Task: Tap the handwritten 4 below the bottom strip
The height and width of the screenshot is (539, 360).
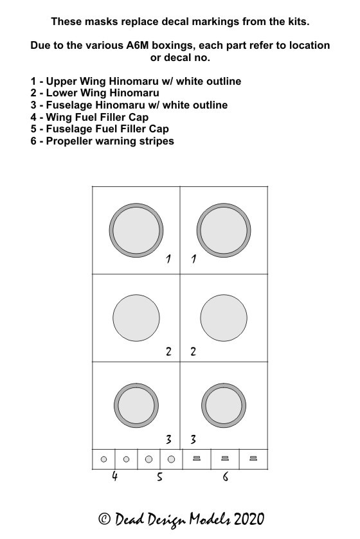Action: click(114, 476)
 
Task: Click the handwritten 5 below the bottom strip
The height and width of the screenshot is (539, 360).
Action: click(159, 477)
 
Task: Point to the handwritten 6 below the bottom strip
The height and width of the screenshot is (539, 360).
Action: click(225, 477)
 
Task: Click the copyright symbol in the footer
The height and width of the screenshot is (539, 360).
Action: click(104, 518)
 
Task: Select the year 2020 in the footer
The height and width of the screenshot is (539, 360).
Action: click(249, 518)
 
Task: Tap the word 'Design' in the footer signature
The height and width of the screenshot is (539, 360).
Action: click(167, 520)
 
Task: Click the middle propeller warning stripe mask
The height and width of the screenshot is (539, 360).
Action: click(225, 458)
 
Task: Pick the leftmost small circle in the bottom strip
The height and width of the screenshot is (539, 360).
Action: click(104, 459)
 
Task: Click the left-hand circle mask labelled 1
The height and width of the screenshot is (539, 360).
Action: click(136, 231)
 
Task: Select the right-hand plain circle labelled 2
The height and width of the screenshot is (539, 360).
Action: click(224, 318)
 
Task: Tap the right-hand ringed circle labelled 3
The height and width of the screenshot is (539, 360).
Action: click(224, 405)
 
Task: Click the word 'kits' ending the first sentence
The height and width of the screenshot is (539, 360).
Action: click(299, 22)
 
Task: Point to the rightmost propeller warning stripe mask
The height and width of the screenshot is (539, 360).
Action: click(253, 458)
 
